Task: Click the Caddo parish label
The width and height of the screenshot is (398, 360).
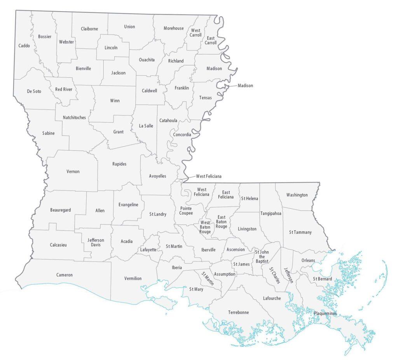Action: (x=24, y=46)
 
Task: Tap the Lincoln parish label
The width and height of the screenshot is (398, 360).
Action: (x=111, y=48)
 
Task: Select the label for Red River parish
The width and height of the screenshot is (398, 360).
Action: (x=64, y=89)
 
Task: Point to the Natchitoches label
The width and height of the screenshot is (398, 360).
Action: (x=74, y=117)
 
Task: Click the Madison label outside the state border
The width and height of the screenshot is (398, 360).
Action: (x=245, y=86)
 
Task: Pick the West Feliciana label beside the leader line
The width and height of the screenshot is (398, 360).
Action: (x=208, y=176)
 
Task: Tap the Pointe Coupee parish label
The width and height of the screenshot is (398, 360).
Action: (x=186, y=210)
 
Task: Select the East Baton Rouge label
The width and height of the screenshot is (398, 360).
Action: (x=221, y=222)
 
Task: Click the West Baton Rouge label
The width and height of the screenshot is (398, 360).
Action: (x=205, y=227)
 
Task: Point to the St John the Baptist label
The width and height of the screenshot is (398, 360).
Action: (x=262, y=257)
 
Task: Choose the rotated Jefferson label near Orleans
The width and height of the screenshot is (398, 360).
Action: (x=288, y=275)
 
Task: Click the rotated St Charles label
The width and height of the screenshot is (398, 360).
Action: (x=274, y=275)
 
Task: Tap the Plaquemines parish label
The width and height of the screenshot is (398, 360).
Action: (x=325, y=313)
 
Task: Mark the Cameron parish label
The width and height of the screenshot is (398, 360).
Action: (x=65, y=275)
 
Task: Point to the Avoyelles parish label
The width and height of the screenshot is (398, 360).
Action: (x=157, y=176)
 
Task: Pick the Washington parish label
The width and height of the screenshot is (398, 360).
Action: (x=297, y=195)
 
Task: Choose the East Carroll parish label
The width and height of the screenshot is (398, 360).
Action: (x=211, y=40)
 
